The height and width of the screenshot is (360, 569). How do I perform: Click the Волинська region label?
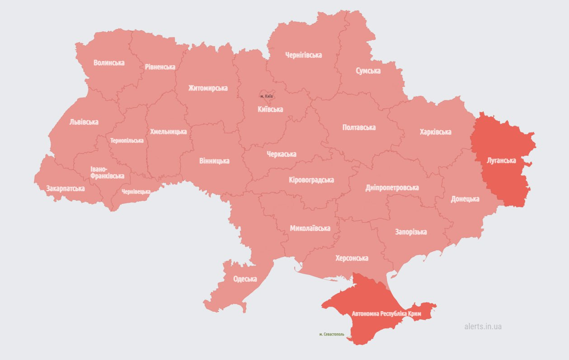[x=109, y=62]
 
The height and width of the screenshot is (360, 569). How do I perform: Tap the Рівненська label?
[x=160, y=66]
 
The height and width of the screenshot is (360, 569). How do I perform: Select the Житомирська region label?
[x=208, y=88]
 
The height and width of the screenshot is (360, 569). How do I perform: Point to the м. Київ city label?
[x=267, y=96]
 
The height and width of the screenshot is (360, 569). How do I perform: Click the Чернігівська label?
[x=304, y=55]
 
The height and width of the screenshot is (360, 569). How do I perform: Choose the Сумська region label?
[x=368, y=71]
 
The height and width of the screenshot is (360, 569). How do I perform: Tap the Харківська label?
[x=435, y=132]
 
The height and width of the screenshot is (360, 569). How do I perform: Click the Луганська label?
[x=501, y=160]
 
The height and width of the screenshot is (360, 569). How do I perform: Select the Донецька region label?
[x=465, y=199]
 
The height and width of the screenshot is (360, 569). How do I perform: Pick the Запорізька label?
[x=411, y=232]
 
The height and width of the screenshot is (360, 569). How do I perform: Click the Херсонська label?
[x=352, y=258]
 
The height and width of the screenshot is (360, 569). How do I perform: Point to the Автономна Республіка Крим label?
[x=386, y=313]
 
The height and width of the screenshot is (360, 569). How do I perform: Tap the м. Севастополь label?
[x=331, y=335]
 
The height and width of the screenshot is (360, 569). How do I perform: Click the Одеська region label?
[x=245, y=279]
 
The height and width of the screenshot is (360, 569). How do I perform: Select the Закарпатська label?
[x=65, y=188]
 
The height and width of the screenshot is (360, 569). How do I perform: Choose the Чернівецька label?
[x=136, y=191]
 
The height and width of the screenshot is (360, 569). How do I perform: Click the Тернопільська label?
[x=127, y=140]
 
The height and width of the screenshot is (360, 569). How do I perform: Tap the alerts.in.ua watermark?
[x=483, y=326]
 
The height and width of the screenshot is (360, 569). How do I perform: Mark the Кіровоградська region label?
[x=311, y=180]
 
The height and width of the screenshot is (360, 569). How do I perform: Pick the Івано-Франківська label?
[x=107, y=172]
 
